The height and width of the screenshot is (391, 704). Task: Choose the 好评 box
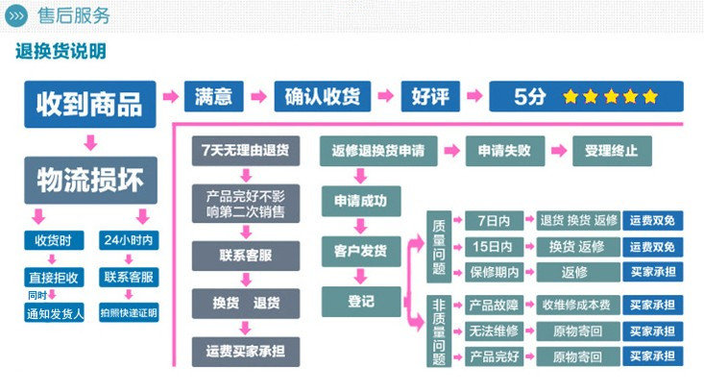(x=429, y=97)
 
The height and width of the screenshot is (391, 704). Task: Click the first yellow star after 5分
(x=570, y=97)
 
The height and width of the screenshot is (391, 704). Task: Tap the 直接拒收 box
(x=54, y=278)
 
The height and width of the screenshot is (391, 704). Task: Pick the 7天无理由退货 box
(x=245, y=151)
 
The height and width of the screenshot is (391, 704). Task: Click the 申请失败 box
(x=504, y=151)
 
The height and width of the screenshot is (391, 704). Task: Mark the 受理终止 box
(x=611, y=151)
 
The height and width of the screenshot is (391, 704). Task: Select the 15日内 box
(x=495, y=247)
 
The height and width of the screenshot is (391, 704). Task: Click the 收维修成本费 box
(x=575, y=305)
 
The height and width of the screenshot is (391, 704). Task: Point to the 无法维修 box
(x=495, y=331)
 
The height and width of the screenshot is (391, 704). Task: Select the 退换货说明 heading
(x=61, y=52)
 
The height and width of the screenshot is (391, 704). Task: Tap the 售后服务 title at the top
(x=73, y=16)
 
